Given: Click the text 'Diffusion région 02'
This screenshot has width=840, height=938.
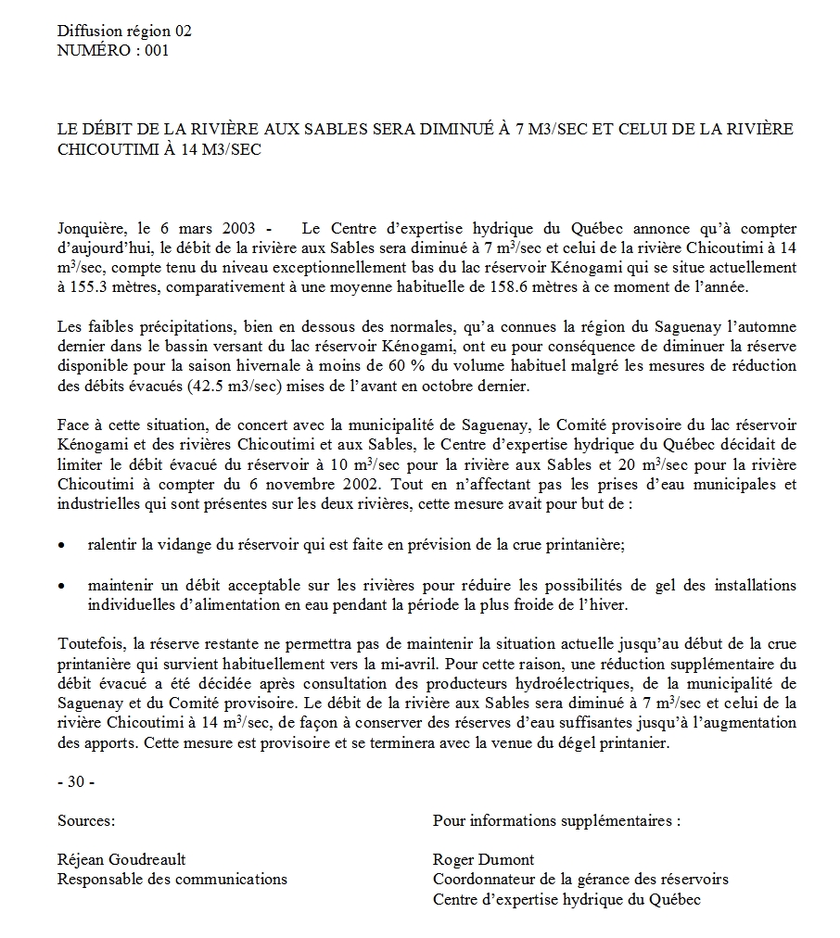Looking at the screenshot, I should (x=124, y=31).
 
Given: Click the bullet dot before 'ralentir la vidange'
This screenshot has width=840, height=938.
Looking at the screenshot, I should (x=61, y=546).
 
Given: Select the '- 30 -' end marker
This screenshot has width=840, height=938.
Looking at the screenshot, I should (x=76, y=781).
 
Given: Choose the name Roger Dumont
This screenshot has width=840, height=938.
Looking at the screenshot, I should (x=483, y=859).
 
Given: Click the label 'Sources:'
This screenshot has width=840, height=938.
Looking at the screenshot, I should (x=86, y=820).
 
